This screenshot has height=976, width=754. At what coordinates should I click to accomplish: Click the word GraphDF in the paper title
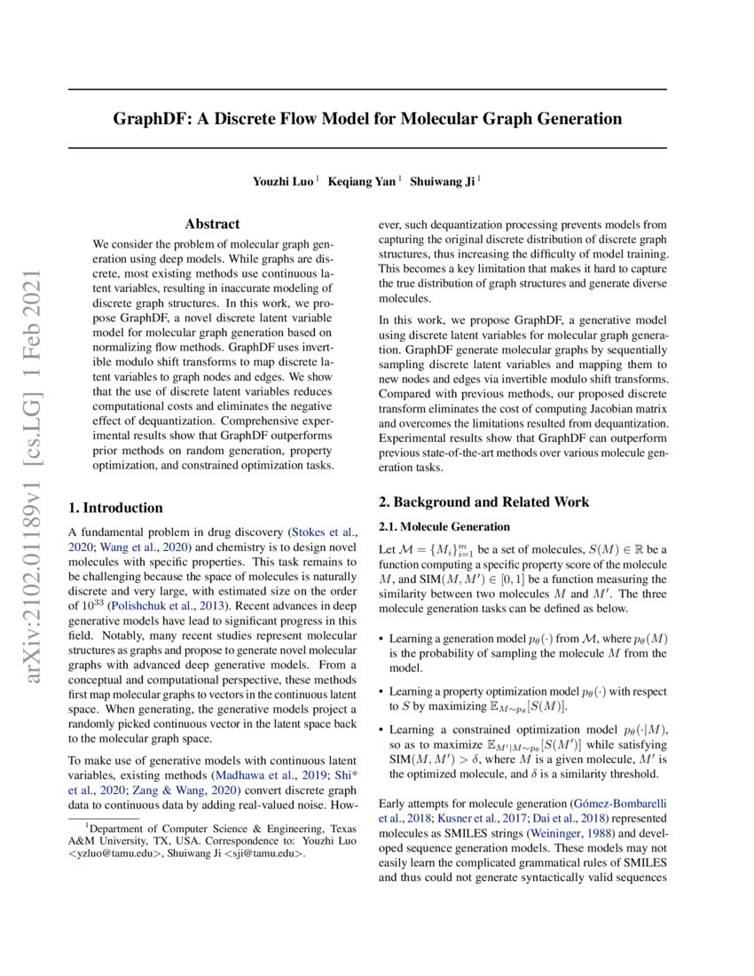pos(146,118)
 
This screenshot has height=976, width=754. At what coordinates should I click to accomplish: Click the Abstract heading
pos(212,224)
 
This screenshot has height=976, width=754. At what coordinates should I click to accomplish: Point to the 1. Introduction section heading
pos(116,508)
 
